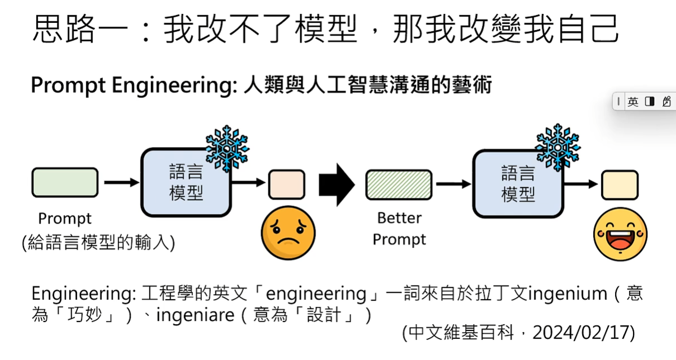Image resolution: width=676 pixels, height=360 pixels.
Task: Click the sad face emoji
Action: [289, 232]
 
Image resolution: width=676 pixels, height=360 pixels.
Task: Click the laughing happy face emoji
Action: [620, 234]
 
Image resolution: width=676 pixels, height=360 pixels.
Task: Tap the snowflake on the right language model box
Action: [557, 147]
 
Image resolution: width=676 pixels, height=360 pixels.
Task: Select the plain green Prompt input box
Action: [65, 183]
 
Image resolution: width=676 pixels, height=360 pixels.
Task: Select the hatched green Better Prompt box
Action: [399, 184]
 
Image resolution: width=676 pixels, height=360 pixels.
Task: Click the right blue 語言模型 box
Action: [518, 183]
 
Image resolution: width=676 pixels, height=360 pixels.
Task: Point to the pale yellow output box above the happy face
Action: [620, 185]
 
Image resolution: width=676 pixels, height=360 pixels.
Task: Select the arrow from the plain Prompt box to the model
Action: [121, 182]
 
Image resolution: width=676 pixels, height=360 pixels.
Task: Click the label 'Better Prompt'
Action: [399, 229]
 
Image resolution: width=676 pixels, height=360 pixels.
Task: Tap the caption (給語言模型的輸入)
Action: [98, 243]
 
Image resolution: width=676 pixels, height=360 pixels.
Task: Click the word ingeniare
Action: [195, 315]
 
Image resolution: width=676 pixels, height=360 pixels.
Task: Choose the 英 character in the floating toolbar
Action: [632, 102]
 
